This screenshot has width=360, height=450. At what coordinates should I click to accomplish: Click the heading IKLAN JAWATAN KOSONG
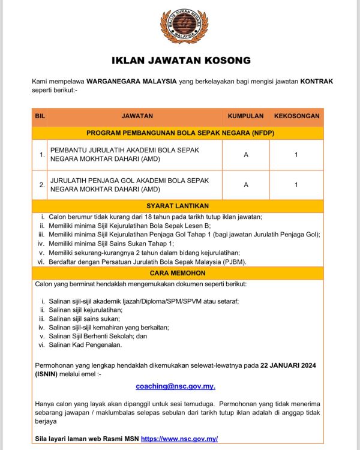(x=181, y=61)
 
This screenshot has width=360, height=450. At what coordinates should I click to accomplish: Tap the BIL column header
(x=40, y=116)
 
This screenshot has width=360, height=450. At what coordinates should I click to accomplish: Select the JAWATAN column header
(x=137, y=116)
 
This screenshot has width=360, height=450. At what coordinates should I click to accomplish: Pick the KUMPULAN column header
(x=245, y=116)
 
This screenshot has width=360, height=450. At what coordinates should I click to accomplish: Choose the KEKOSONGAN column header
(x=296, y=116)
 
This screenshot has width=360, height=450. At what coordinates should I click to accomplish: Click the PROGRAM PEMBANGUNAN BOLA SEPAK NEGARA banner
(x=180, y=133)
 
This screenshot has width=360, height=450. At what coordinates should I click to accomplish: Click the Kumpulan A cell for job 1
(x=246, y=155)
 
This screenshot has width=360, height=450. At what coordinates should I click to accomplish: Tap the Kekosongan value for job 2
(x=296, y=185)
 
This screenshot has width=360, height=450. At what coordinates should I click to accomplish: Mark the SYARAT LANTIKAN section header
(x=180, y=206)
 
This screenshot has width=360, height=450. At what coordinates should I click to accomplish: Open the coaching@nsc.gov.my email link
(x=175, y=386)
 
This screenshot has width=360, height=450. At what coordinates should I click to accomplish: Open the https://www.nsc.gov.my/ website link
(x=179, y=439)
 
